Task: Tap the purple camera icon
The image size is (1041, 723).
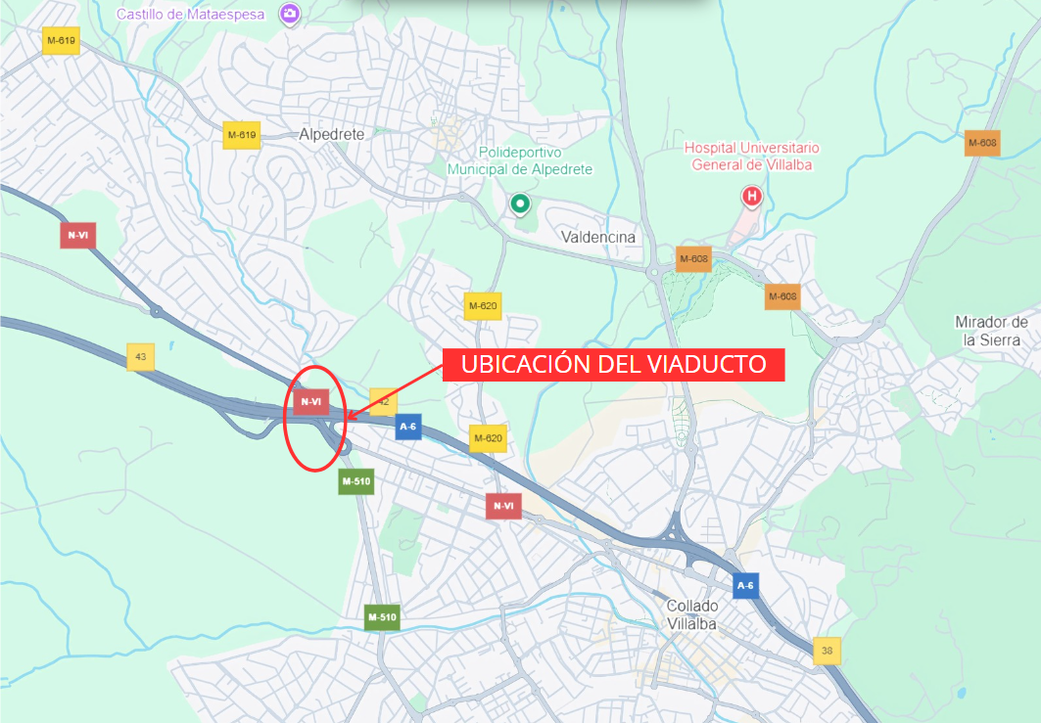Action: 290,14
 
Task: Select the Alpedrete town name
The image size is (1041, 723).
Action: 332,134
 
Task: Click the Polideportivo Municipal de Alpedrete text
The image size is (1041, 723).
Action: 520,160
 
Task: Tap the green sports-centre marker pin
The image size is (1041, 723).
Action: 520,204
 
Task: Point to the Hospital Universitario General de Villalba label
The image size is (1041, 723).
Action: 751,156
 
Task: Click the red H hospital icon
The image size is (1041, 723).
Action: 752,197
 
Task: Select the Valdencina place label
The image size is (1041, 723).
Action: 598,237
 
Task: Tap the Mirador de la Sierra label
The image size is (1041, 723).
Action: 991,331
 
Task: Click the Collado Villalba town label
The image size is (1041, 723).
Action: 691,614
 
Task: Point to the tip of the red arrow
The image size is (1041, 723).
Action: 348,419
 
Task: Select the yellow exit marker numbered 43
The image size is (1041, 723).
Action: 140,357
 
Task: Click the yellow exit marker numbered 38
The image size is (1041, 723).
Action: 828,650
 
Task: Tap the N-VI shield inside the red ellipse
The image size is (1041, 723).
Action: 311,401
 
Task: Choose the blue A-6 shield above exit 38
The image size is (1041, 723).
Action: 746,586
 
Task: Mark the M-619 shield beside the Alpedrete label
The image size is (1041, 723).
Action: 241,134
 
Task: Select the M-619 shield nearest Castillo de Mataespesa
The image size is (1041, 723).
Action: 61,40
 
